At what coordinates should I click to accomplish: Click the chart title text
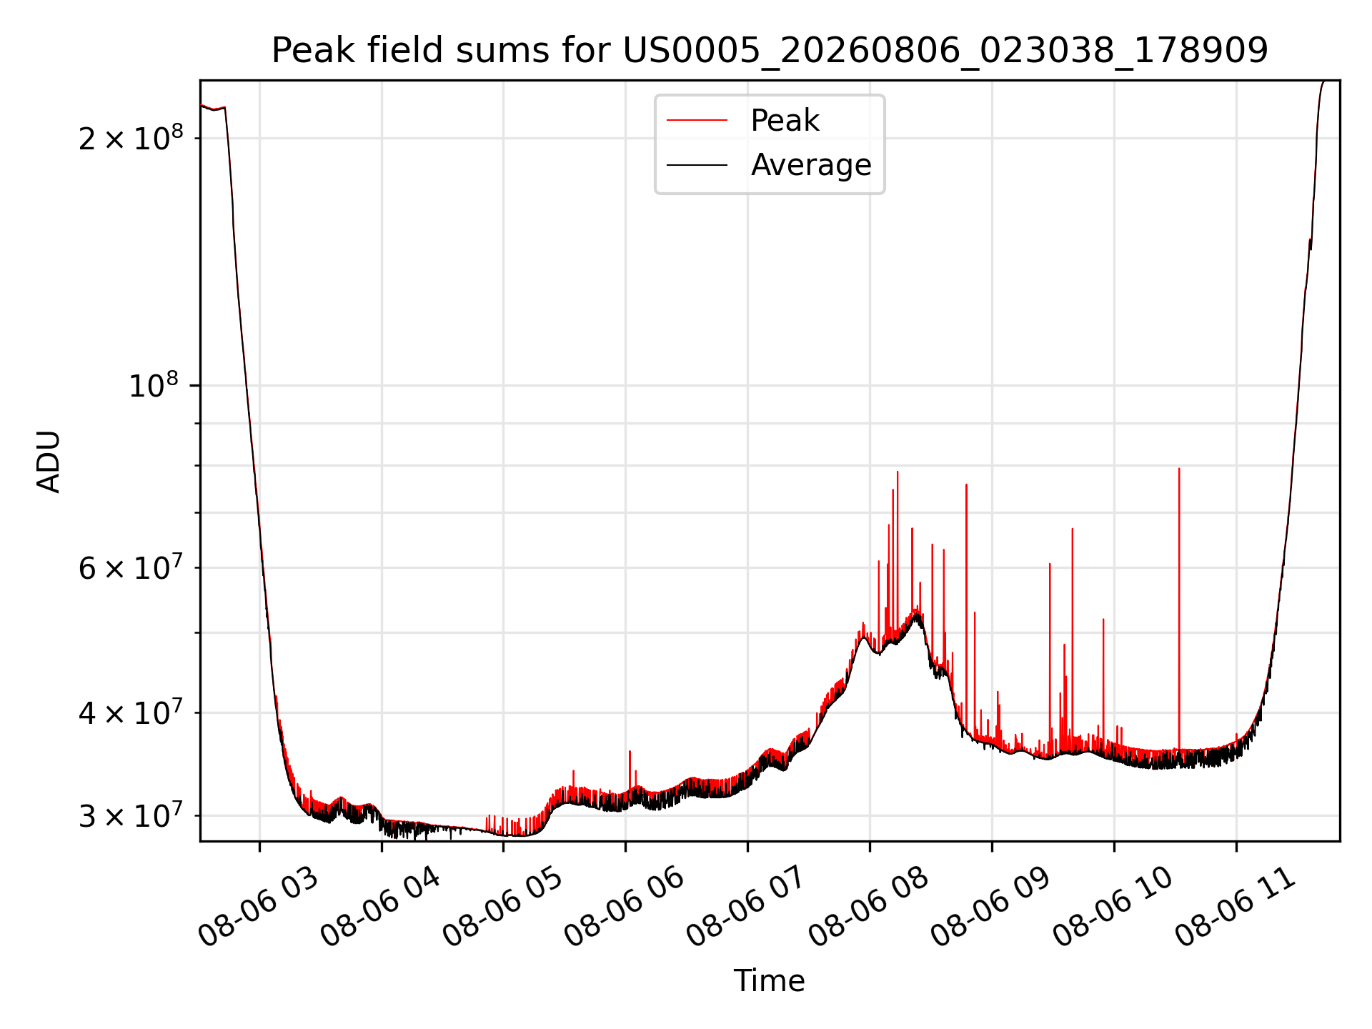pyautogui.click(x=770, y=51)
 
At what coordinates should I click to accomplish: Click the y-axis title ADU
pyautogui.click(x=49, y=461)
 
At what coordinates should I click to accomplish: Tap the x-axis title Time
pyautogui.click(x=770, y=981)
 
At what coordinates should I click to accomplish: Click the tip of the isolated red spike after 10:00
pyautogui.click(x=1179, y=469)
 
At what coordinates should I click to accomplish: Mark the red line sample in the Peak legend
pyautogui.click(x=697, y=121)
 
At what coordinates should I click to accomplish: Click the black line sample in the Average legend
pyautogui.click(x=697, y=165)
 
